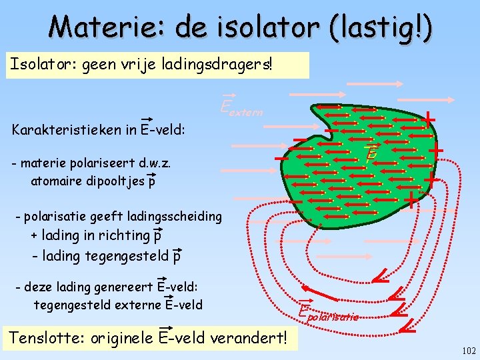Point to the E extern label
(241, 106)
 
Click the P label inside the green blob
(371, 153)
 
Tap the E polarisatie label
(328, 313)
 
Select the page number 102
(468, 351)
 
